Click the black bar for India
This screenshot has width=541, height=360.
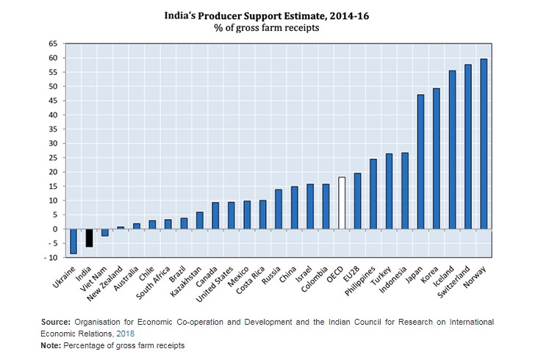coord(89,237)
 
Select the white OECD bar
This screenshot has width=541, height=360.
coord(342,203)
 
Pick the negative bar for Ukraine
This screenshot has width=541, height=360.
coord(74,241)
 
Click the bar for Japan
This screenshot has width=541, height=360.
coord(420,162)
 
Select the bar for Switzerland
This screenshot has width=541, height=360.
coord(467,146)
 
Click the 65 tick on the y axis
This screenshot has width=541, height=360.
coord(52,44)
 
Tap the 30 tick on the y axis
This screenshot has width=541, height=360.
coord(52,144)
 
